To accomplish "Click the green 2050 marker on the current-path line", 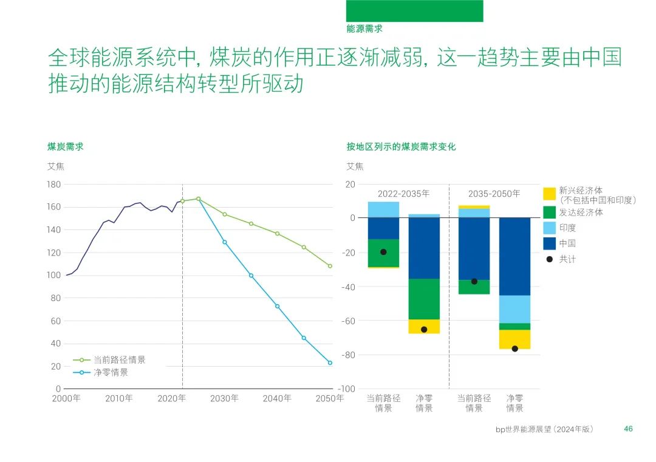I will pos(330,266).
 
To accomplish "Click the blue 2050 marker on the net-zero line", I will pos(330,363).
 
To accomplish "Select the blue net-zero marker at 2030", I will pos(224,242).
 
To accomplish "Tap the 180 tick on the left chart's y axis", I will pos(53,184).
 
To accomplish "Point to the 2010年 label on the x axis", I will pos(118,399).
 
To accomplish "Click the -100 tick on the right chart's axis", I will pos(346,389).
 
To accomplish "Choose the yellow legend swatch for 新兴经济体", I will pos(549,194).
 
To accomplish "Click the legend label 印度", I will pos(567,228).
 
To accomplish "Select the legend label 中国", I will pos(567,243).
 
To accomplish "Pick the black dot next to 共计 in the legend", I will pos(550,259).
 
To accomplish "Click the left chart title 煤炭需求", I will pos(66,146).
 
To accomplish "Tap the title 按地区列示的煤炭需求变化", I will pos(401,146).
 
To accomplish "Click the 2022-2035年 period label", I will pos(403,194).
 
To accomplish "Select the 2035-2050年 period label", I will pos(494,194).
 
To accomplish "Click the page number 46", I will pos(628,429).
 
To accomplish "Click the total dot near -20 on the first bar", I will pos(383,252).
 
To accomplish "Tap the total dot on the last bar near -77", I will pos(514,348).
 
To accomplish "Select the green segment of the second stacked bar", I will pos(424,299).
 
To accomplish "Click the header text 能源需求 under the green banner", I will pos(364,29).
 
